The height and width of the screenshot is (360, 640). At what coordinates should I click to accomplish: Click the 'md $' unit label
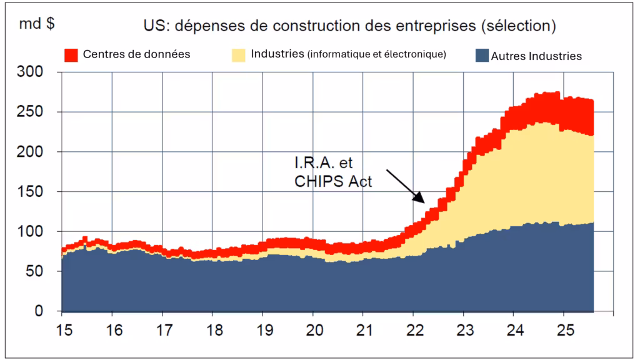pyautogui.click(x=36, y=25)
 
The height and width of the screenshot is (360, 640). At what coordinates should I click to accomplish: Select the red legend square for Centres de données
pyautogui.click(x=71, y=55)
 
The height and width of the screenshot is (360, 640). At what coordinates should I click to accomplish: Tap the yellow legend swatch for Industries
pyautogui.click(x=239, y=55)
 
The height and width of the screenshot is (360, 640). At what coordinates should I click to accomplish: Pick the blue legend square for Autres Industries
pyautogui.click(x=481, y=56)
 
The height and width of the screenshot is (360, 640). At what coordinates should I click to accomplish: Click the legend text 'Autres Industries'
pyautogui.click(x=536, y=56)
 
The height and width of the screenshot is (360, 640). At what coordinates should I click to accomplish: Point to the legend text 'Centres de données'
pyautogui.click(x=136, y=54)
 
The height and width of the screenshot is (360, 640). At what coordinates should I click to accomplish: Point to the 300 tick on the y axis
pyautogui.click(x=31, y=72)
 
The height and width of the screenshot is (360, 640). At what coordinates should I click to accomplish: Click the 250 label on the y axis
pyautogui.click(x=31, y=112)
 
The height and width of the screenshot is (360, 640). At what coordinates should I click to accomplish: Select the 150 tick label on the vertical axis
pyautogui.click(x=31, y=192)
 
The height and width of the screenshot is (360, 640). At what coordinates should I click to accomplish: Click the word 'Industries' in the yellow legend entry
pyautogui.click(x=277, y=54)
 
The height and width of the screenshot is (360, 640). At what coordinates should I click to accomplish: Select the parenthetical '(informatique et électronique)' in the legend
pyautogui.click(x=376, y=54)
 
